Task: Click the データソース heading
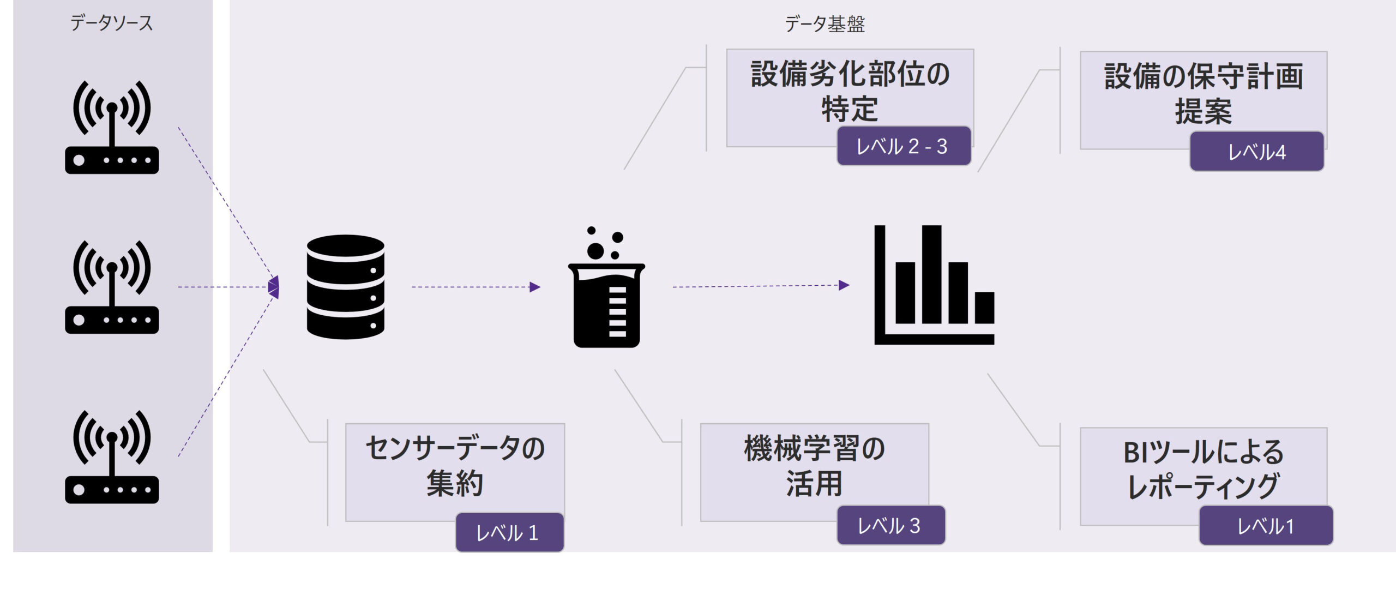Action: [x=112, y=23]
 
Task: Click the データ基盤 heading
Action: [x=825, y=24]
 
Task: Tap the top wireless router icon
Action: [x=112, y=128]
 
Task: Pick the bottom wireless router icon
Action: [x=112, y=457]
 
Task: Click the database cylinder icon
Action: [x=346, y=287]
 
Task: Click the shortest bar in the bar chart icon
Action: [x=984, y=308]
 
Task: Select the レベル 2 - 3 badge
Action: [x=904, y=146]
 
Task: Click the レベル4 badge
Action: [x=1256, y=152]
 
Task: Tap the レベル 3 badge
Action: [x=890, y=526]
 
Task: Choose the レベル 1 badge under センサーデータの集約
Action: [x=509, y=532]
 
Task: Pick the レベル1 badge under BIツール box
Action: [x=1266, y=526]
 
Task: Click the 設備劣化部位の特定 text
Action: [x=850, y=91]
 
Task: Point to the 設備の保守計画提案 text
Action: [x=1204, y=93]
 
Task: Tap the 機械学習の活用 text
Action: [x=814, y=466]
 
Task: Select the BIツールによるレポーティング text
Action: [x=1204, y=469]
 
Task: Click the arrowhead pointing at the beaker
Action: [x=535, y=287]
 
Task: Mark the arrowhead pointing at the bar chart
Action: [x=844, y=285]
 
